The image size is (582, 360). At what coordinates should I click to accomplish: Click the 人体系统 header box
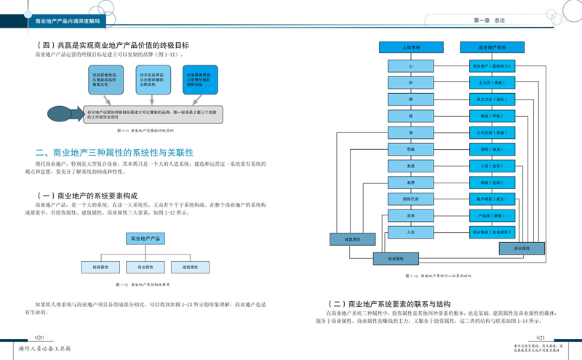tap(411, 47)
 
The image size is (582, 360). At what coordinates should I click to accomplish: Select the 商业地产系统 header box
tap(492, 47)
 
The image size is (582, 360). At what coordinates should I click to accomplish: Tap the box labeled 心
tap(411, 66)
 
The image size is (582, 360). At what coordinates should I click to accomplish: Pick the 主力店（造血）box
tap(492, 83)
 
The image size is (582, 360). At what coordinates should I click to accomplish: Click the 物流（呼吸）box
tap(492, 116)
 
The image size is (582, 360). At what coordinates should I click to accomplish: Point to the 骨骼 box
tap(411, 150)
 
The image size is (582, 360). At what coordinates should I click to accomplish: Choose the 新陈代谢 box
tap(411, 199)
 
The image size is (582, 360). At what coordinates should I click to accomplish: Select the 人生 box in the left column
tap(411, 233)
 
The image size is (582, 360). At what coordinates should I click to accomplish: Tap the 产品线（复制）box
tap(492, 216)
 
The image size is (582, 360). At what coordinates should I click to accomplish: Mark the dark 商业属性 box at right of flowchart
tap(522, 249)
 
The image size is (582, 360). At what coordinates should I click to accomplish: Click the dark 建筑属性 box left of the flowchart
tap(353, 239)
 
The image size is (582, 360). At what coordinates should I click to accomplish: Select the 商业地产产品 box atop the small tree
tap(145, 239)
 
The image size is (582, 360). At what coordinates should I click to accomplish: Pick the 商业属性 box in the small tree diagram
tap(145, 268)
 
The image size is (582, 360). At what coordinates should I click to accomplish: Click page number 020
tap(39, 338)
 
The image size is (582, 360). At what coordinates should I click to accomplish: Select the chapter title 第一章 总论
tap(489, 21)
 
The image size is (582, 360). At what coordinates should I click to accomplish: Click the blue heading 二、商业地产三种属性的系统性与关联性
tap(115, 153)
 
